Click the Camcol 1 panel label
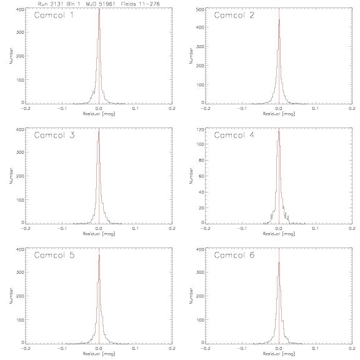tap(54, 16)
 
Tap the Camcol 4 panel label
tap(234, 135)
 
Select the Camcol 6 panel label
tap(234, 255)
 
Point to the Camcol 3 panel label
tap(54, 135)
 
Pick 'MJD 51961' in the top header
tap(101, 4)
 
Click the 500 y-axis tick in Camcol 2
tap(200, 9)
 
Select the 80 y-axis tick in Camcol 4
tap(201, 160)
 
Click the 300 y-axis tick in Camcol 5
tap(20, 272)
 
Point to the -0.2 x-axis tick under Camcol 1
tap(25, 108)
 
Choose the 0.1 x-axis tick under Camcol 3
tap(136, 229)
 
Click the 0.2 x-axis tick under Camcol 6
tap(352, 348)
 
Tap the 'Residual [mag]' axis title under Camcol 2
tap(279, 114)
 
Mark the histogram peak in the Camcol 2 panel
tap(279, 20)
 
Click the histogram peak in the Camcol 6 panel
tap(279, 262)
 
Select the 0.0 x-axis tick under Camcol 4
tap(279, 229)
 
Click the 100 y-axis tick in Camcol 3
tap(20, 200)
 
